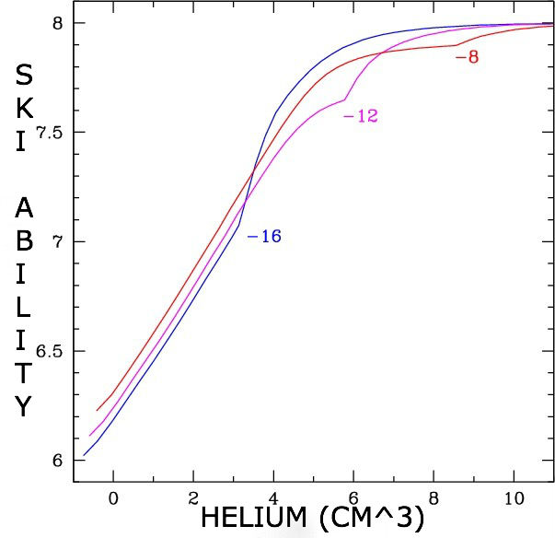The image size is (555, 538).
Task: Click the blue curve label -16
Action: (x=264, y=237)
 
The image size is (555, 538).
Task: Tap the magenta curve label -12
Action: (x=360, y=117)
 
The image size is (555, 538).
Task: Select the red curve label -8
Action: (x=468, y=57)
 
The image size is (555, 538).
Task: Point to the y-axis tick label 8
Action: (x=56, y=23)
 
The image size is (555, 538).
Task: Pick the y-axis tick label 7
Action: (x=56, y=242)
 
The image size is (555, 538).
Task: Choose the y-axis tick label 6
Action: (x=56, y=461)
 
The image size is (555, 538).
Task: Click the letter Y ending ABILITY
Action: (x=25, y=406)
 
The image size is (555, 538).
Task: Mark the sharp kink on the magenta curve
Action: (x=345, y=99)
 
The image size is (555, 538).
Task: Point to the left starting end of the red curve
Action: (x=97, y=411)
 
